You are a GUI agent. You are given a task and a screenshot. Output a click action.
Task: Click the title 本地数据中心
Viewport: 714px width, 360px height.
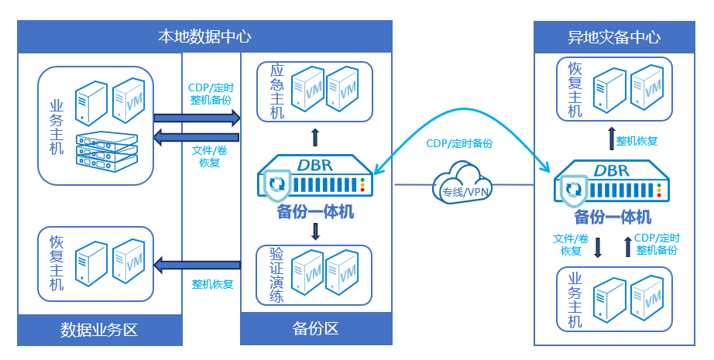point(204,36)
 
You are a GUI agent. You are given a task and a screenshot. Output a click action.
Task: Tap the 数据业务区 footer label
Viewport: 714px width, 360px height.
point(99,330)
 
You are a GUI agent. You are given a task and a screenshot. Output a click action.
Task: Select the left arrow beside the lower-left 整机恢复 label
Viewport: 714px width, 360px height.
point(197,266)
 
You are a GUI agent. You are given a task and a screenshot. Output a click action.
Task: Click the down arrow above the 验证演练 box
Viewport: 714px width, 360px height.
point(315,231)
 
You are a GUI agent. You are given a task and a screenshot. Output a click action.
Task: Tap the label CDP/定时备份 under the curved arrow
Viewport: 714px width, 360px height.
point(459,144)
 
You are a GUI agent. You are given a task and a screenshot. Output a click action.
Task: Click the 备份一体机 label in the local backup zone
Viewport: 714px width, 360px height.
point(314,211)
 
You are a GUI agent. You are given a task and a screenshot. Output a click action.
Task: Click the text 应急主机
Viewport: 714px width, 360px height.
point(276,91)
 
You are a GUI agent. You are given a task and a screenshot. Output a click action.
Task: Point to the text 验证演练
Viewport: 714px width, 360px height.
point(276,275)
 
